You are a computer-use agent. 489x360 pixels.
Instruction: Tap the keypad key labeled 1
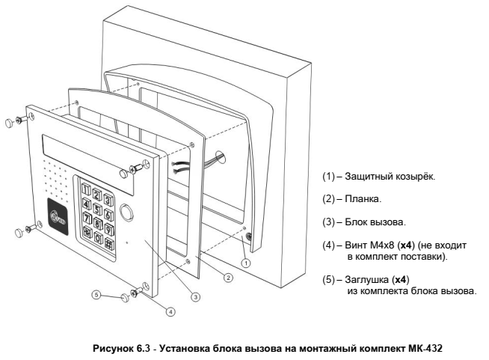tap(86, 188)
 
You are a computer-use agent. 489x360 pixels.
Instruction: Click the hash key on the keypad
tap(108, 244)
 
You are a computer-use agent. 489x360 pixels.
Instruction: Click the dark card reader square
tap(59, 216)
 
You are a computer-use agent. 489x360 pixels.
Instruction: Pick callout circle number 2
tap(229, 277)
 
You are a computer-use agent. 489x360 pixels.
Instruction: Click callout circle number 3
tap(195, 296)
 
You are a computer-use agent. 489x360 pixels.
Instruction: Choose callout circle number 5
tap(96, 295)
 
